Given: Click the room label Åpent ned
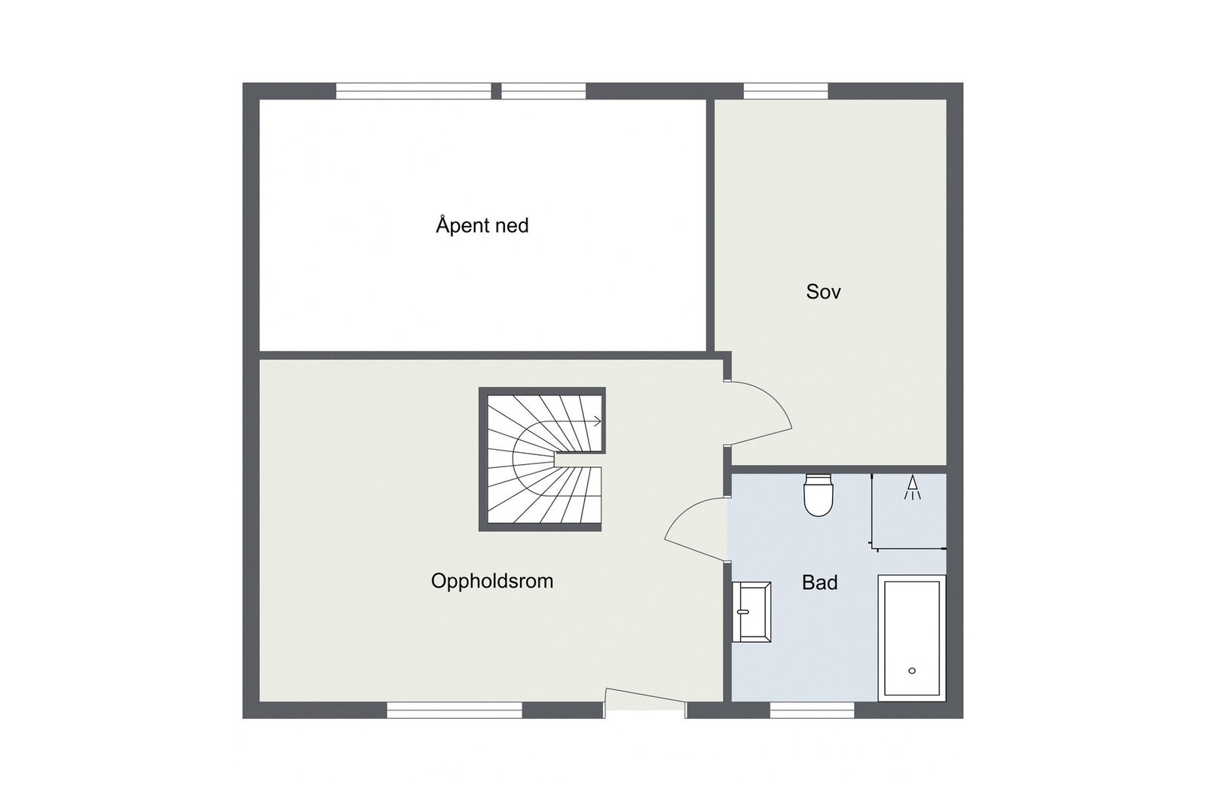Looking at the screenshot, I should coord(482,225).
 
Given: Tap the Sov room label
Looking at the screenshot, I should coord(823,292).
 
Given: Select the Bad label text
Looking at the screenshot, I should coord(819,582).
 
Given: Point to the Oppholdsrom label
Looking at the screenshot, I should coord(492,581).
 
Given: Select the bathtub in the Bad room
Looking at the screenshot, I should coord(912,637).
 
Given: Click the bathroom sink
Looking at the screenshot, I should coord(751,611).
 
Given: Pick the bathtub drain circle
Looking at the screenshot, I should coord(912,671).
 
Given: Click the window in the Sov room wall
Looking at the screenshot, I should coord(786,91).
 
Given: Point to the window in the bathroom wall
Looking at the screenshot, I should coord(812,710).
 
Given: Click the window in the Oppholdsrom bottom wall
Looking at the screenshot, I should coord(455,710).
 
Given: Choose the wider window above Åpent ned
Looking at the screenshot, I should coord(414,91).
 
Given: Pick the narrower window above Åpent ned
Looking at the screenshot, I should coord(543,91).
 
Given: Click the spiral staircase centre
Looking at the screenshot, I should coord(542,460).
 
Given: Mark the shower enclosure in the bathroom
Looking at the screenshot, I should coord(909,509).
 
